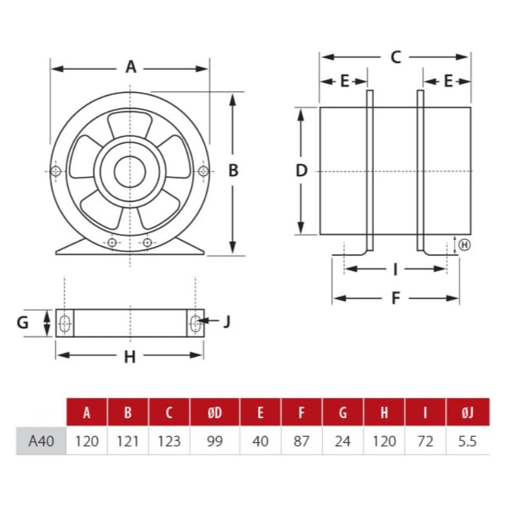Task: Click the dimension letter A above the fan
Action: point(131,67)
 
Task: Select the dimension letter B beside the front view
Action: point(233,170)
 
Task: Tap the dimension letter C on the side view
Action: point(395,57)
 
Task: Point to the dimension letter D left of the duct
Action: point(301,171)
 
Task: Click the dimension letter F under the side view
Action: point(396,298)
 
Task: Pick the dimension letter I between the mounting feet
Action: point(395,269)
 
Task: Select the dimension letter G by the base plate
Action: point(23,322)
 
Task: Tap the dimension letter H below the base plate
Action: point(130,357)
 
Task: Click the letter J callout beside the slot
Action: point(226,321)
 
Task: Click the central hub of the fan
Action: point(130,171)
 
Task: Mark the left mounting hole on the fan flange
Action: point(56,171)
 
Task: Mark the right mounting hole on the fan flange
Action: point(204,171)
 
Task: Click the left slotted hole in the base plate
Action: point(64,322)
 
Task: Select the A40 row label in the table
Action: point(41,442)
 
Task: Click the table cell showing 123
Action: point(169,442)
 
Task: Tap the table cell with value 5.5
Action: point(468,442)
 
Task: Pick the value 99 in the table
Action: point(215,442)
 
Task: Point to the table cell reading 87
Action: point(301,442)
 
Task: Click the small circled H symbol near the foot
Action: point(464,244)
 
